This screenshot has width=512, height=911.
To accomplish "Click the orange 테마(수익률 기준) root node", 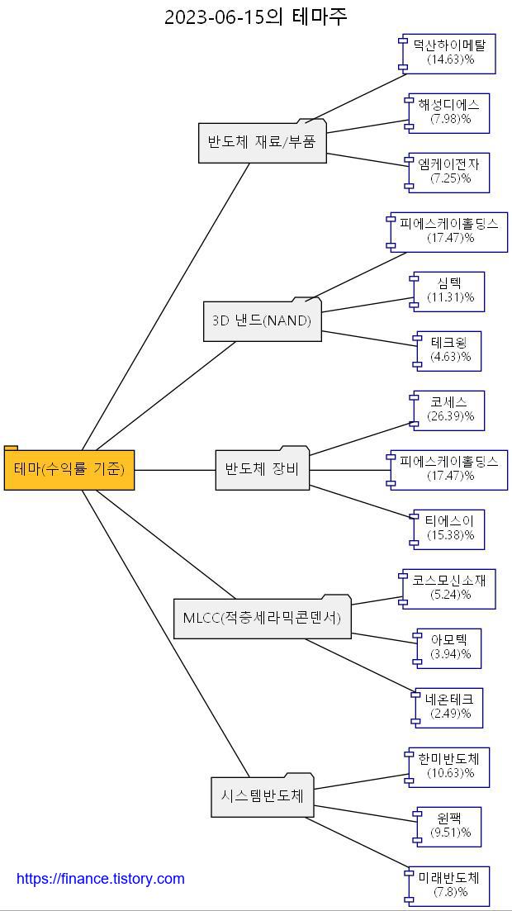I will tap(69, 469).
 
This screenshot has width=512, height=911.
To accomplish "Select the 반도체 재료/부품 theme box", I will tap(263, 142).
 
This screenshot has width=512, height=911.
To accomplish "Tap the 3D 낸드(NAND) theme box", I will tap(263, 320).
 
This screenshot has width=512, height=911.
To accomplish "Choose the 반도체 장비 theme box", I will tap(263, 469).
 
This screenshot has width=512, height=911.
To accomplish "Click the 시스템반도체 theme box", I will tap(263, 796).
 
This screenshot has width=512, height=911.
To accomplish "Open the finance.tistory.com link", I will tap(101, 879).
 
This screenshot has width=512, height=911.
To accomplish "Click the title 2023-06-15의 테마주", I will tap(256, 17).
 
